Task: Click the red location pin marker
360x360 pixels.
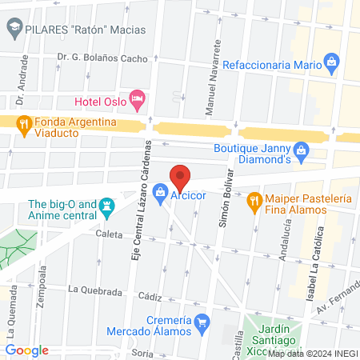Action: [x=180, y=176]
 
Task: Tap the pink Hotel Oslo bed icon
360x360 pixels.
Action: [x=137, y=99]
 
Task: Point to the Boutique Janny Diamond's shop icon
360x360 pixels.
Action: [x=301, y=149]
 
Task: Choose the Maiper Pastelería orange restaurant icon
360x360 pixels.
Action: [x=254, y=198]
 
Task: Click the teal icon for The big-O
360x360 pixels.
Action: [x=106, y=206]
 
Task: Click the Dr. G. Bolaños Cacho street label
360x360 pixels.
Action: [x=102, y=58]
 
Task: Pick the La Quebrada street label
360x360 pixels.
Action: [x=94, y=289]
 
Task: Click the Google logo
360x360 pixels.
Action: [x=27, y=350]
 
